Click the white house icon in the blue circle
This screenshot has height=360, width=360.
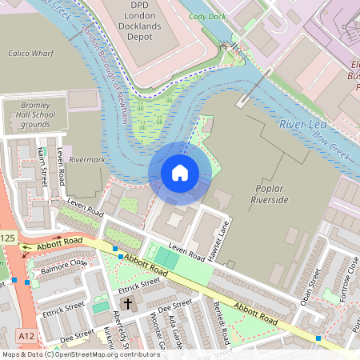180,173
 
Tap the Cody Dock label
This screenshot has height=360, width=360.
206,16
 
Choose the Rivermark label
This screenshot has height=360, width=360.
88,159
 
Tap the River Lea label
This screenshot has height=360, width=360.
302,125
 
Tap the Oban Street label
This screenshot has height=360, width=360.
314,285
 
